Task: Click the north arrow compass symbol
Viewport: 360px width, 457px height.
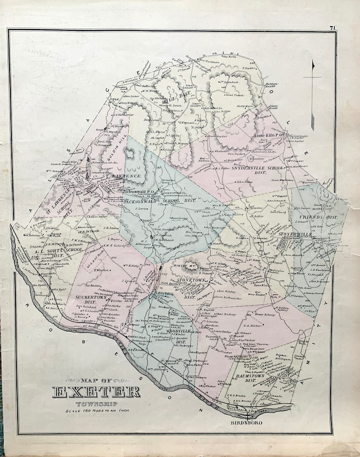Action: (312, 91)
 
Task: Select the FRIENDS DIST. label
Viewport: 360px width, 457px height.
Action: (322, 217)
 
